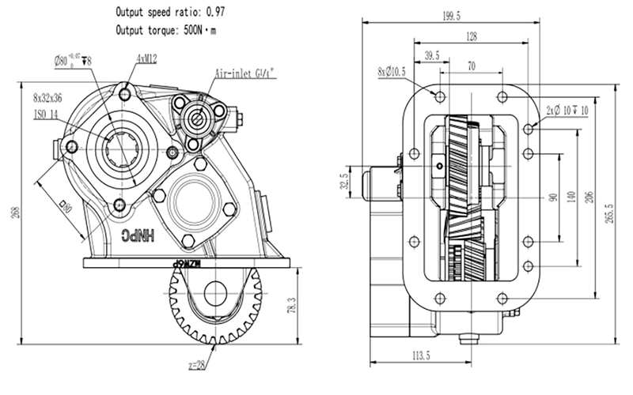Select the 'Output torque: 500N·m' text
(167, 31)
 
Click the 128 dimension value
(472, 36)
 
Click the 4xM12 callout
(146, 57)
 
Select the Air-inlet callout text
(245, 73)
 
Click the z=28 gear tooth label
(199, 366)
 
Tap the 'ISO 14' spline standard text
(46, 115)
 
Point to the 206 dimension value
(588, 197)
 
